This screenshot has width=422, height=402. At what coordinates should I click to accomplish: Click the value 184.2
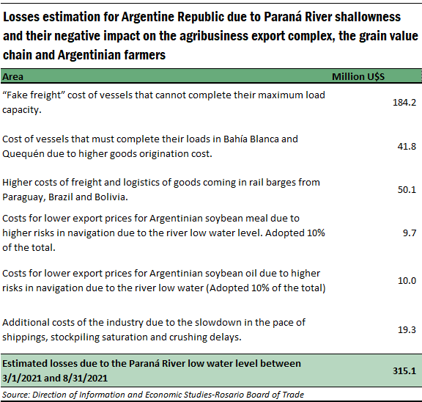(404, 103)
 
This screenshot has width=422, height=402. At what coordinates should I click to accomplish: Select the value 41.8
(407, 146)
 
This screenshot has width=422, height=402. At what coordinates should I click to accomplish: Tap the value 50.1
(407, 190)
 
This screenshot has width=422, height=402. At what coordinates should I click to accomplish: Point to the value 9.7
(410, 233)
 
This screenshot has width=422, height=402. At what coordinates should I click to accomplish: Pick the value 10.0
(407, 281)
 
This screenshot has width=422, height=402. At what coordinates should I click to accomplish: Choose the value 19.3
(407, 330)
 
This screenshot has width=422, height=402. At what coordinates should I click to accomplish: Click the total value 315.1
(404, 371)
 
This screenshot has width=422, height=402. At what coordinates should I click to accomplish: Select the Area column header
(12, 77)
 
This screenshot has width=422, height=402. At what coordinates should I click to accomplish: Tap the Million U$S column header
(358, 77)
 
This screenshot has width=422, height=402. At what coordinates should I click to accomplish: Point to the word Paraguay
(23, 197)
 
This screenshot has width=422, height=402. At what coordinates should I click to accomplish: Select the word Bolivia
(111, 197)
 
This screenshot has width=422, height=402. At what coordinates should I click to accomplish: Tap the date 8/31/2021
(85, 379)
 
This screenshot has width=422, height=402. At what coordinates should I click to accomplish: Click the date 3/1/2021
(21, 379)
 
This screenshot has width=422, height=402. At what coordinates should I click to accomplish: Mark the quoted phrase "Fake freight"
(33, 95)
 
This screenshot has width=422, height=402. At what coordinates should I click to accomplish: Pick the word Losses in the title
(21, 18)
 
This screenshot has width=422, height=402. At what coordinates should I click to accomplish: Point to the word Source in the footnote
(15, 395)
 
